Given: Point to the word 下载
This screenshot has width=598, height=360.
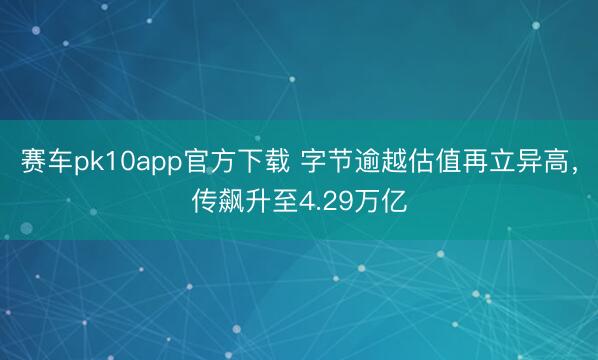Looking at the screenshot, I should (x=249, y=164).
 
